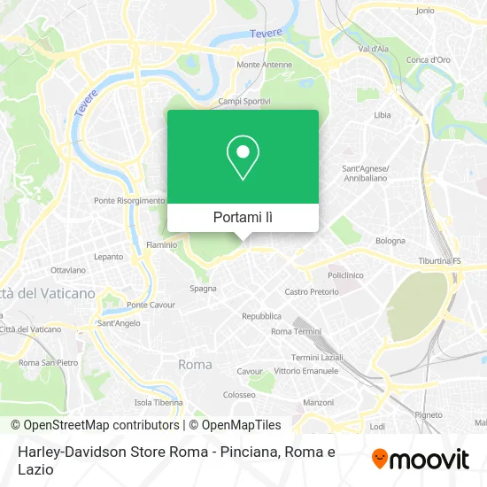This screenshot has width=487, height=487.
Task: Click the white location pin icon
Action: click(x=243, y=158)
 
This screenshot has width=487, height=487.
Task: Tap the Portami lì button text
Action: click(x=243, y=217)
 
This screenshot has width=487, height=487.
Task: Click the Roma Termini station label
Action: click(x=296, y=331)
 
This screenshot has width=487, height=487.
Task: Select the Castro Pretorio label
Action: click(x=312, y=291)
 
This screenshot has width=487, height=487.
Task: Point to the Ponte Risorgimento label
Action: click(x=129, y=201)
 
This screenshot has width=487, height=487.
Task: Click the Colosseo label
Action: click(x=239, y=395)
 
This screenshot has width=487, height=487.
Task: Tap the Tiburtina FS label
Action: click(x=440, y=262)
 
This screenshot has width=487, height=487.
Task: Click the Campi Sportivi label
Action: click(x=243, y=102)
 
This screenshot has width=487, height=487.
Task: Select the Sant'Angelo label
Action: click(x=119, y=323)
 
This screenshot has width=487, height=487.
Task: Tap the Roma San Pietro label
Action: click(x=49, y=363)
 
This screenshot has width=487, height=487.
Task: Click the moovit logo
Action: click(x=420, y=458)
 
